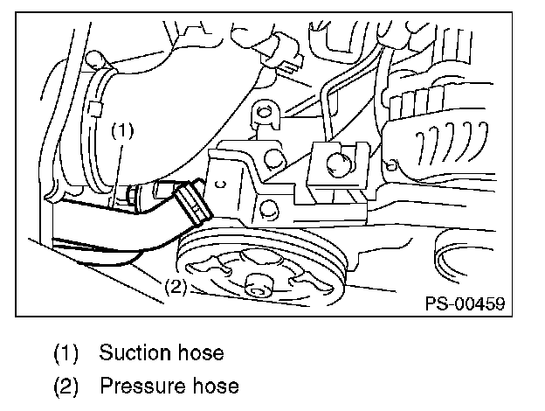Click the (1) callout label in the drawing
[123, 131]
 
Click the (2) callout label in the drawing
[175, 286]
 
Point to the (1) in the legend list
[66, 353]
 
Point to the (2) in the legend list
[66, 385]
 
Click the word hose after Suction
[197, 353]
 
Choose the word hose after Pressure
[215, 385]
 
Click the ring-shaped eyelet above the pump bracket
[261, 114]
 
